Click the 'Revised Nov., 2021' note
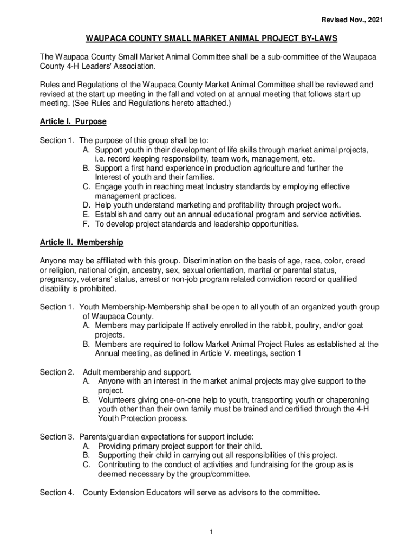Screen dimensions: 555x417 click(x=353, y=20)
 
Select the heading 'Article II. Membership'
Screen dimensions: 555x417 click(x=82, y=242)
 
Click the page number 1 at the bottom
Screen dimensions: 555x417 click(x=211, y=531)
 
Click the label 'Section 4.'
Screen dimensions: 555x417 click(x=57, y=493)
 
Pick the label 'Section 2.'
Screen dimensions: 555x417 click(x=57, y=372)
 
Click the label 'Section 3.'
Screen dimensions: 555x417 click(x=57, y=437)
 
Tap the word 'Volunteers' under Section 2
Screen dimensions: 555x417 click(x=117, y=400)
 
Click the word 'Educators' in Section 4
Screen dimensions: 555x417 click(x=172, y=493)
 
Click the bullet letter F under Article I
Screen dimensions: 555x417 click(x=86, y=224)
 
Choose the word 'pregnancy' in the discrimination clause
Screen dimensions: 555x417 click(x=58, y=279)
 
